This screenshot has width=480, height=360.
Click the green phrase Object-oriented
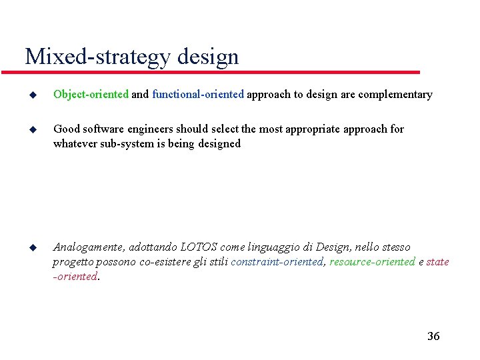pyautogui.click(x=91, y=95)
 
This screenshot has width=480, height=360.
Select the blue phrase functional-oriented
pyautogui.click(x=199, y=95)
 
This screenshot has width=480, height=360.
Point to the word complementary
pyautogui.click(x=395, y=95)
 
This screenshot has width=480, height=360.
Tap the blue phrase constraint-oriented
pyautogui.click(x=277, y=261)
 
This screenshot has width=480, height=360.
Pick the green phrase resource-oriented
pyautogui.click(x=372, y=261)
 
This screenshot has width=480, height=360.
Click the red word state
pyautogui.click(x=437, y=261)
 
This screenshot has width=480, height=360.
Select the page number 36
pyautogui.click(x=433, y=336)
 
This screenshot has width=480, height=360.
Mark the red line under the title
pyautogui.click(x=220, y=71)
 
